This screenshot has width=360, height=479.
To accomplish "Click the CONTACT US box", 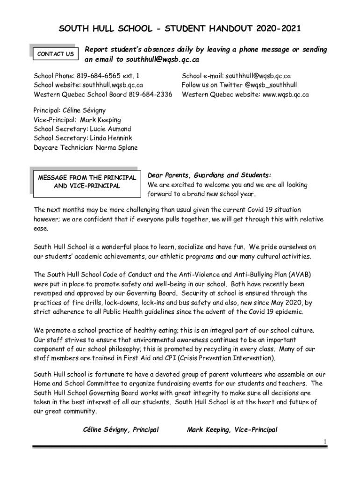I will point(55,54).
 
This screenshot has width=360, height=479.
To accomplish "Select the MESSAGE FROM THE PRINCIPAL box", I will point(87,181).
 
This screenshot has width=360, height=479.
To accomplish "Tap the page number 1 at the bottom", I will point(324,441).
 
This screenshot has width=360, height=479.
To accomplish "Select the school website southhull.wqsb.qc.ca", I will point(113,85).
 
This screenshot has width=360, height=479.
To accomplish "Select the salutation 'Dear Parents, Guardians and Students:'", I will point(209,175).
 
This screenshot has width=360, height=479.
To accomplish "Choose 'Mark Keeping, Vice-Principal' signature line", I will point(232,429).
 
